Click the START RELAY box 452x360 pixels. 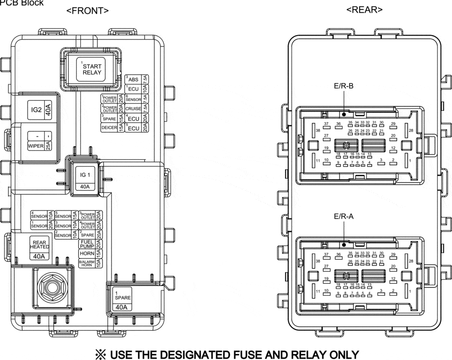(91, 69)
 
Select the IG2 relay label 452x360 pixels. (37, 110)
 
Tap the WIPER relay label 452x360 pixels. (36, 146)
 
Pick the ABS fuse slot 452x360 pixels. (133, 80)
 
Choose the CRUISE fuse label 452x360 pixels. (133, 109)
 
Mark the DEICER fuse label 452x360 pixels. (109, 128)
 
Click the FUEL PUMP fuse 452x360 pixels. (87, 244)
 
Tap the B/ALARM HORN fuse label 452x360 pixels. (86, 264)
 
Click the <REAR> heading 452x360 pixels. (364, 10)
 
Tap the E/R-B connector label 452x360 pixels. (343, 86)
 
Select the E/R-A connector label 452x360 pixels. (343, 217)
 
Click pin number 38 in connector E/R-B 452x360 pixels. (318, 130)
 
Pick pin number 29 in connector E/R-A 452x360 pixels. (393, 255)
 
